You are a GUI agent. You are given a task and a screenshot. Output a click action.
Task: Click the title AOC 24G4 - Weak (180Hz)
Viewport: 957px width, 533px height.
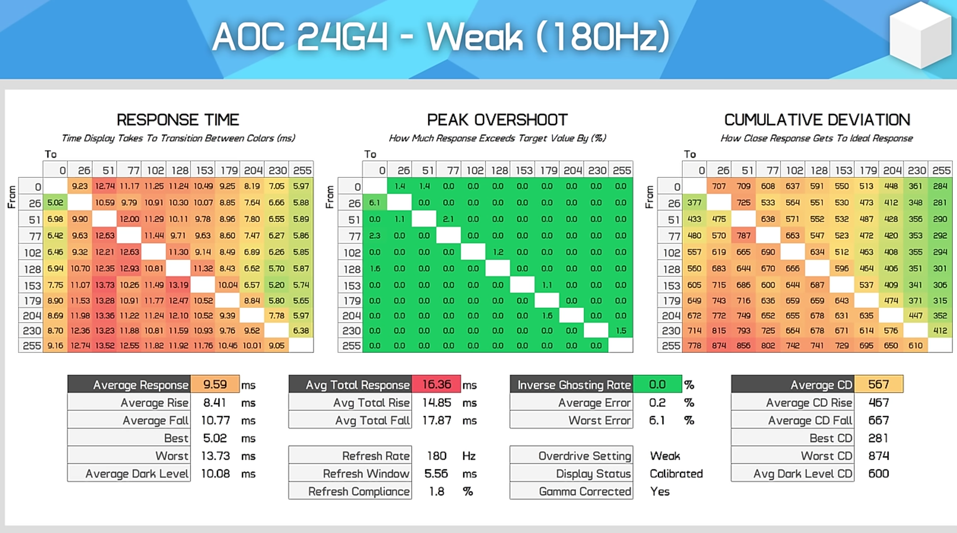click(x=441, y=37)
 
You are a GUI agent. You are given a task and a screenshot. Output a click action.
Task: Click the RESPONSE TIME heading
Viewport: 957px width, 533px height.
click(x=178, y=120)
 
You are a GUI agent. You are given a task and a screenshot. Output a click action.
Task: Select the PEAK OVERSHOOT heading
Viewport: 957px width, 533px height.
click(x=497, y=120)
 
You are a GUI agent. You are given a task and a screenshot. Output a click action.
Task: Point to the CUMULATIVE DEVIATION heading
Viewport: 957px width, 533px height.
click(x=817, y=120)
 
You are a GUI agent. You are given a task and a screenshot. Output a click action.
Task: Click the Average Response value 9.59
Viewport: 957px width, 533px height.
click(x=215, y=384)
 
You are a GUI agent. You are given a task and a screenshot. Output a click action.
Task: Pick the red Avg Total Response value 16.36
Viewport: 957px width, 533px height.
click(x=436, y=384)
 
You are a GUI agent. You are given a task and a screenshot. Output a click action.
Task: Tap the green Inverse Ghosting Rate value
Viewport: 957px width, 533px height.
click(x=657, y=384)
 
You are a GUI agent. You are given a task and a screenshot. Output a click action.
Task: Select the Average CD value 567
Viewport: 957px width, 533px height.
click(x=878, y=384)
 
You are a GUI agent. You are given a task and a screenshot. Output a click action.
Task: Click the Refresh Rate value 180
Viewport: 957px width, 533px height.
click(x=436, y=456)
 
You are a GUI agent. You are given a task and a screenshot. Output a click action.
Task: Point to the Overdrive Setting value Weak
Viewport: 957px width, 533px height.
click(x=665, y=456)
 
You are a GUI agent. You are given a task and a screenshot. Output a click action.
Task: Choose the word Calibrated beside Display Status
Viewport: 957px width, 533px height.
click(x=676, y=474)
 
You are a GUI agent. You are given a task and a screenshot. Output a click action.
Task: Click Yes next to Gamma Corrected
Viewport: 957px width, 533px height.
click(x=660, y=491)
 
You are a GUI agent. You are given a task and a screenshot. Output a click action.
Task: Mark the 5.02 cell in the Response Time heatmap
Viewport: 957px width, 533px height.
click(x=55, y=203)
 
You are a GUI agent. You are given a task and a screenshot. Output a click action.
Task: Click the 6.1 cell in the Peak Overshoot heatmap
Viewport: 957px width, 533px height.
click(x=375, y=203)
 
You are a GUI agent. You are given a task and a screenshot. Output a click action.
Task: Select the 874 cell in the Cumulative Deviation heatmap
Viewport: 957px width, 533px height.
click(x=719, y=346)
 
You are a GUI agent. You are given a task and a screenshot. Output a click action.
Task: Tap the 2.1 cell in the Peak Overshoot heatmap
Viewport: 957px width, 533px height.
click(x=448, y=219)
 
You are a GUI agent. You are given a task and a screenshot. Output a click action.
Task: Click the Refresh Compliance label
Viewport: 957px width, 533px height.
click(x=359, y=491)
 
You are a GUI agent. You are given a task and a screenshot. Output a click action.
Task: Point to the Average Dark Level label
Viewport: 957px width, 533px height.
click(x=137, y=474)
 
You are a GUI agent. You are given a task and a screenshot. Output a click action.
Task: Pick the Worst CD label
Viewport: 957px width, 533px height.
click(x=826, y=456)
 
